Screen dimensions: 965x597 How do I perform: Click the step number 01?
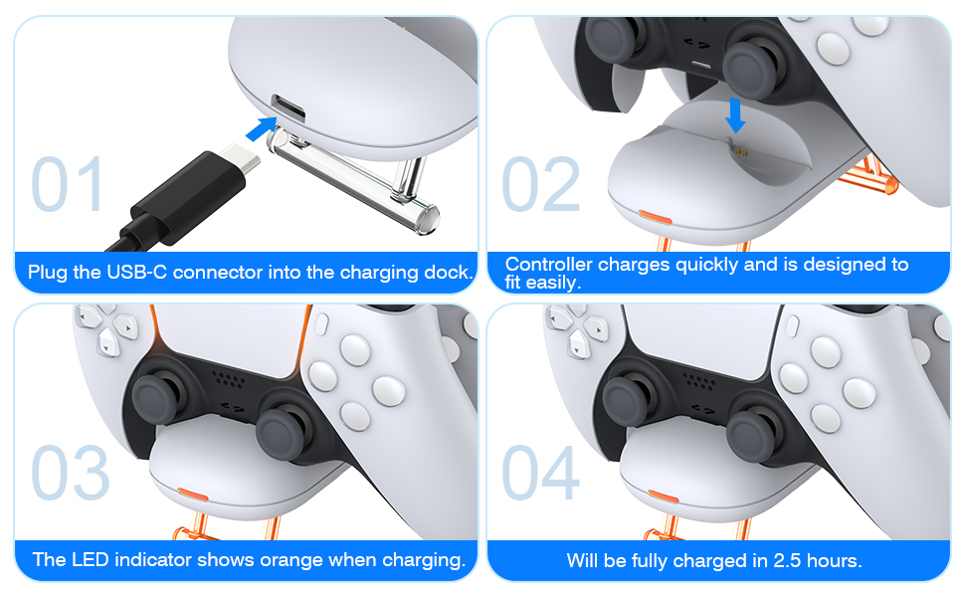pos(67,183)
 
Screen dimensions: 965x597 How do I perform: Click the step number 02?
pos(541,183)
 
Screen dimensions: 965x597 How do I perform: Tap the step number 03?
pos(71,472)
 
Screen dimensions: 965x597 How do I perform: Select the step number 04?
pos(541,472)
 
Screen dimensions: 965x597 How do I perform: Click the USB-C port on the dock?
pos(289,107)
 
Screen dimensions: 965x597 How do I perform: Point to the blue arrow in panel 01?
pos(262,128)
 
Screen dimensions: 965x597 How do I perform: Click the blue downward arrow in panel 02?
pos(735,115)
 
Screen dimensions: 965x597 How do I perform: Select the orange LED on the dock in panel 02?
pos(655,217)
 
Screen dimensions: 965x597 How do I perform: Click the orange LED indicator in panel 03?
pos(193,495)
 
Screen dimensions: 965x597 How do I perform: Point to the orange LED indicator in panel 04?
pos(664,496)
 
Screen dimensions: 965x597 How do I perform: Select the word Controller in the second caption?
pos(549,264)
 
